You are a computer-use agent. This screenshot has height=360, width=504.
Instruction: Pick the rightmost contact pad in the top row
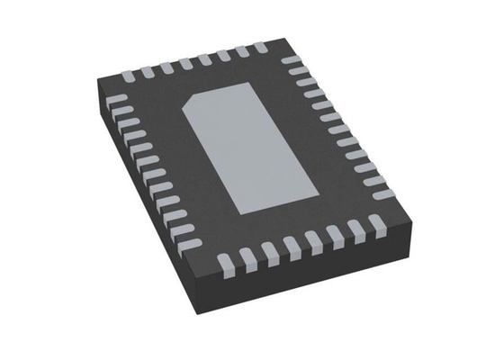261,46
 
